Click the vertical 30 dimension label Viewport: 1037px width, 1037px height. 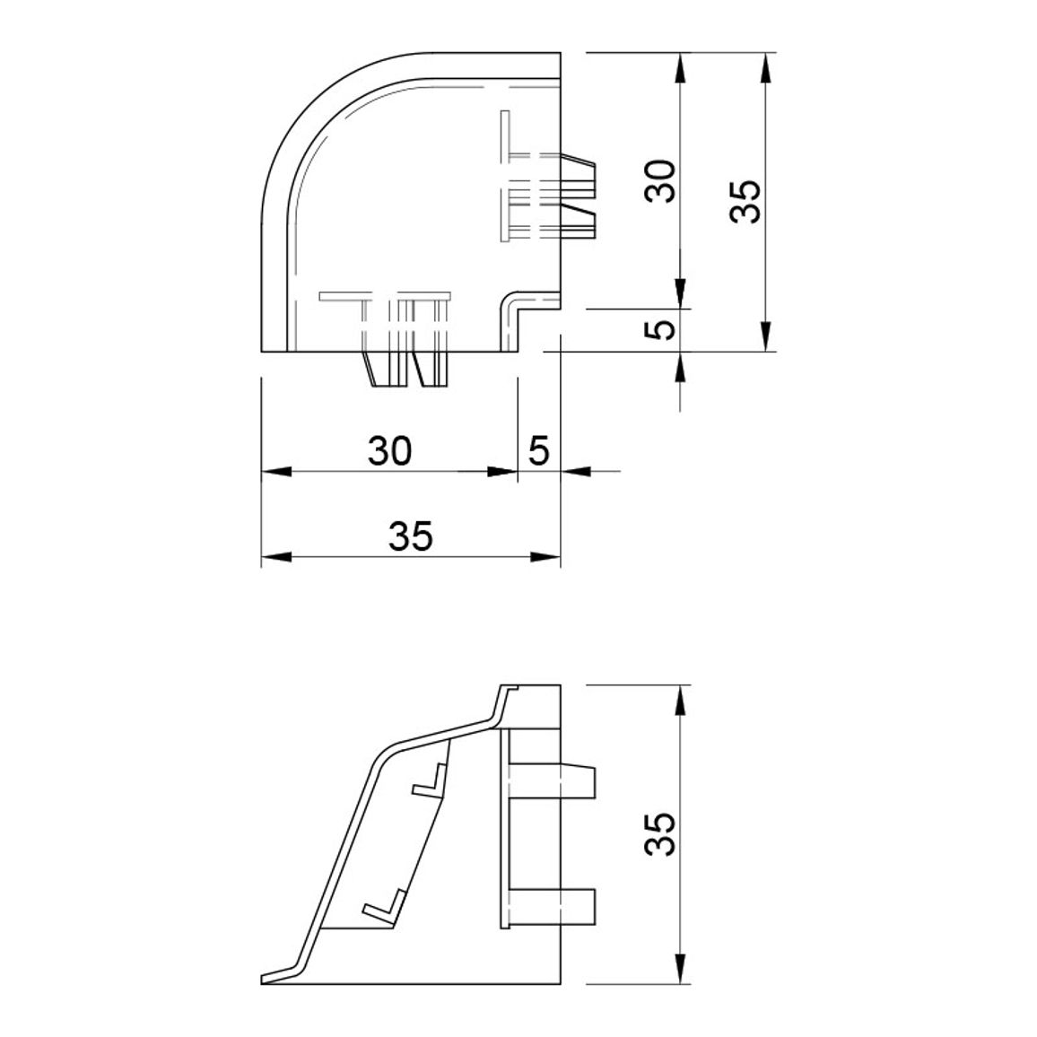point(661,181)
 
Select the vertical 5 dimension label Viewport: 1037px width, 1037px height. point(661,329)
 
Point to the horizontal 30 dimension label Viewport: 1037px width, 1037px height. point(390,451)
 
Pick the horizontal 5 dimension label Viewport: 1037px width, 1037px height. point(539,451)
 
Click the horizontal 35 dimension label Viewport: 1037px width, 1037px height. point(411,536)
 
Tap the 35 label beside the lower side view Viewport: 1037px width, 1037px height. point(661,834)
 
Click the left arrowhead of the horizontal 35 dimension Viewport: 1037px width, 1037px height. point(276,557)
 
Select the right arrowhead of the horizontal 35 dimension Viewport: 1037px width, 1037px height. point(545,557)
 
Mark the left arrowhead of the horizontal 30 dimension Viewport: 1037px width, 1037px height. point(276,472)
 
